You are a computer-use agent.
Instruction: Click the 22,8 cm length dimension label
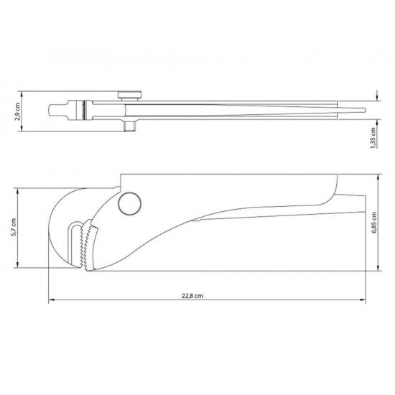click(x=192, y=295)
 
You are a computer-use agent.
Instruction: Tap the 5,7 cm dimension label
click(x=14, y=227)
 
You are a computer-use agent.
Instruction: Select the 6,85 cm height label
click(x=374, y=223)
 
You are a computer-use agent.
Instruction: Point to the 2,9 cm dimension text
click(x=17, y=111)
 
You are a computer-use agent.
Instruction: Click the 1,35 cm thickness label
click(x=373, y=138)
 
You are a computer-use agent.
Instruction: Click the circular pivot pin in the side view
click(x=130, y=203)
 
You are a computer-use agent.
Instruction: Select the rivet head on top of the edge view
click(x=129, y=96)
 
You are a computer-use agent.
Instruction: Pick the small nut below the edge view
click(x=130, y=126)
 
